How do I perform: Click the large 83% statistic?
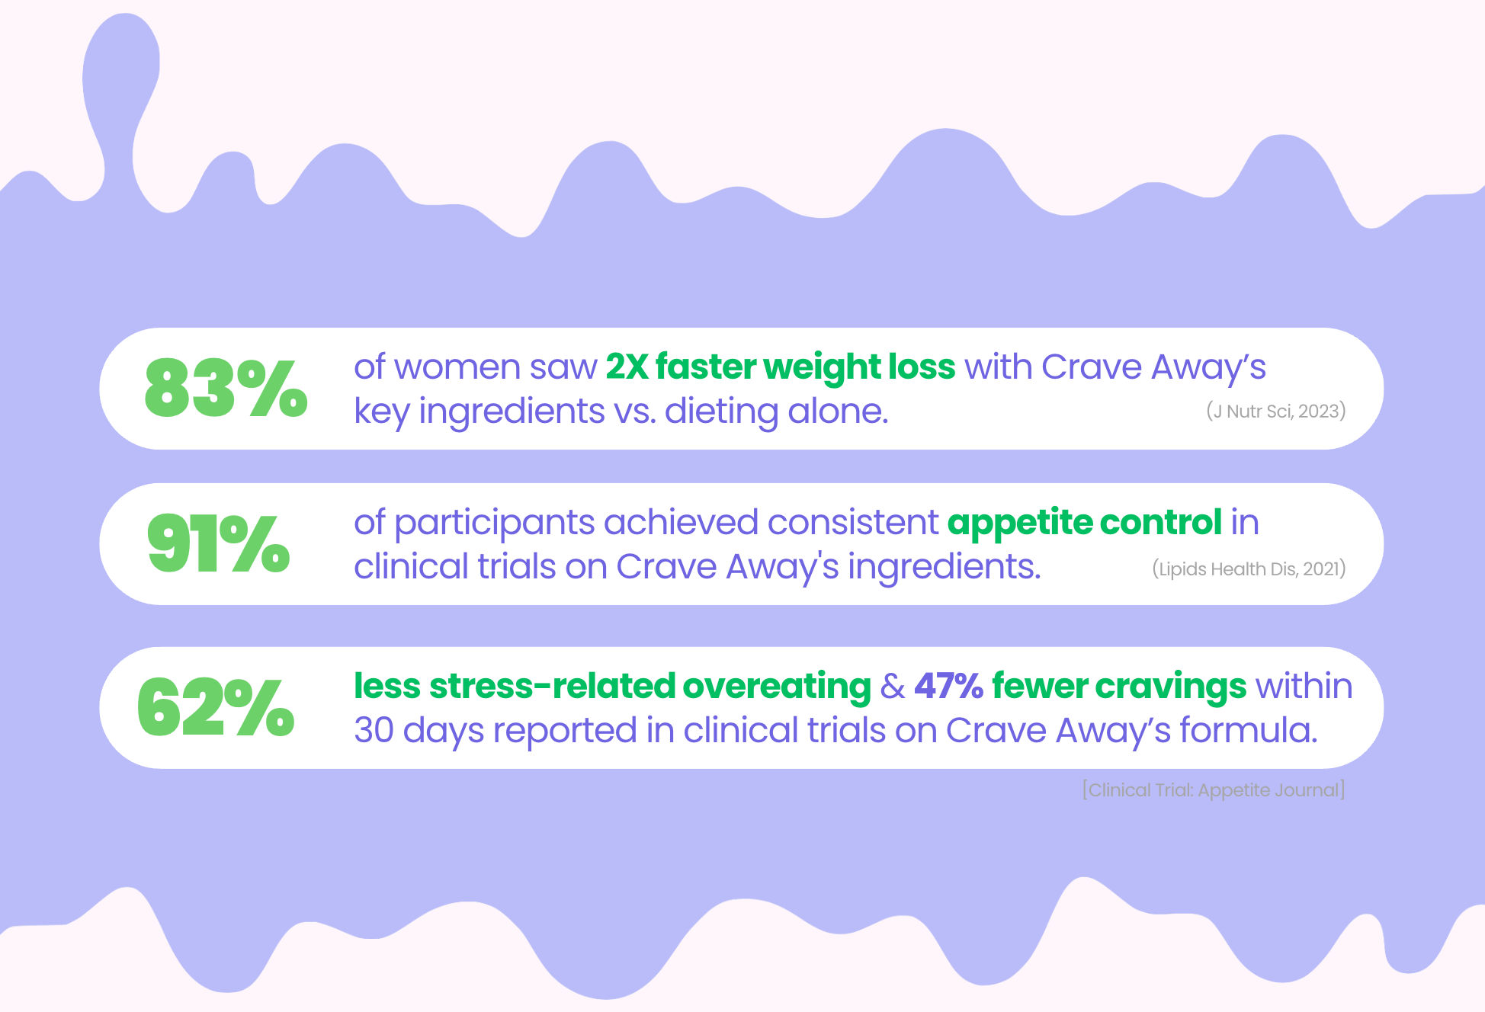[226, 389]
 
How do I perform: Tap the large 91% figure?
[219, 543]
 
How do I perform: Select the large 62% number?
[216, 707]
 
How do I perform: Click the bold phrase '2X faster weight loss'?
[781, 367]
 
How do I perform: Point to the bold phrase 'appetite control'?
[1085, 524]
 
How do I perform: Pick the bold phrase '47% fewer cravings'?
[1080, 687]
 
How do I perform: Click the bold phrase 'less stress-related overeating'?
[612, 686]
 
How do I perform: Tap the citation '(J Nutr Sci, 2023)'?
[1275, 412]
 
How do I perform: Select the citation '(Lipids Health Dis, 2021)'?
[1249, 569]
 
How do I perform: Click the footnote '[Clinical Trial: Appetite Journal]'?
[1214, 790]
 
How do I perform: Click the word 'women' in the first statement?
[458, 368]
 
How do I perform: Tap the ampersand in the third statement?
[893, 687]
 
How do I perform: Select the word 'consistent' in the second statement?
[853, 523]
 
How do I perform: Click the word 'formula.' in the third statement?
[1249, 730]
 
